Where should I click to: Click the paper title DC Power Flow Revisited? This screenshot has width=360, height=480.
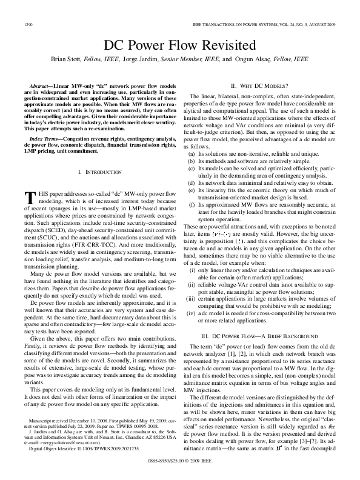pos(180,45)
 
